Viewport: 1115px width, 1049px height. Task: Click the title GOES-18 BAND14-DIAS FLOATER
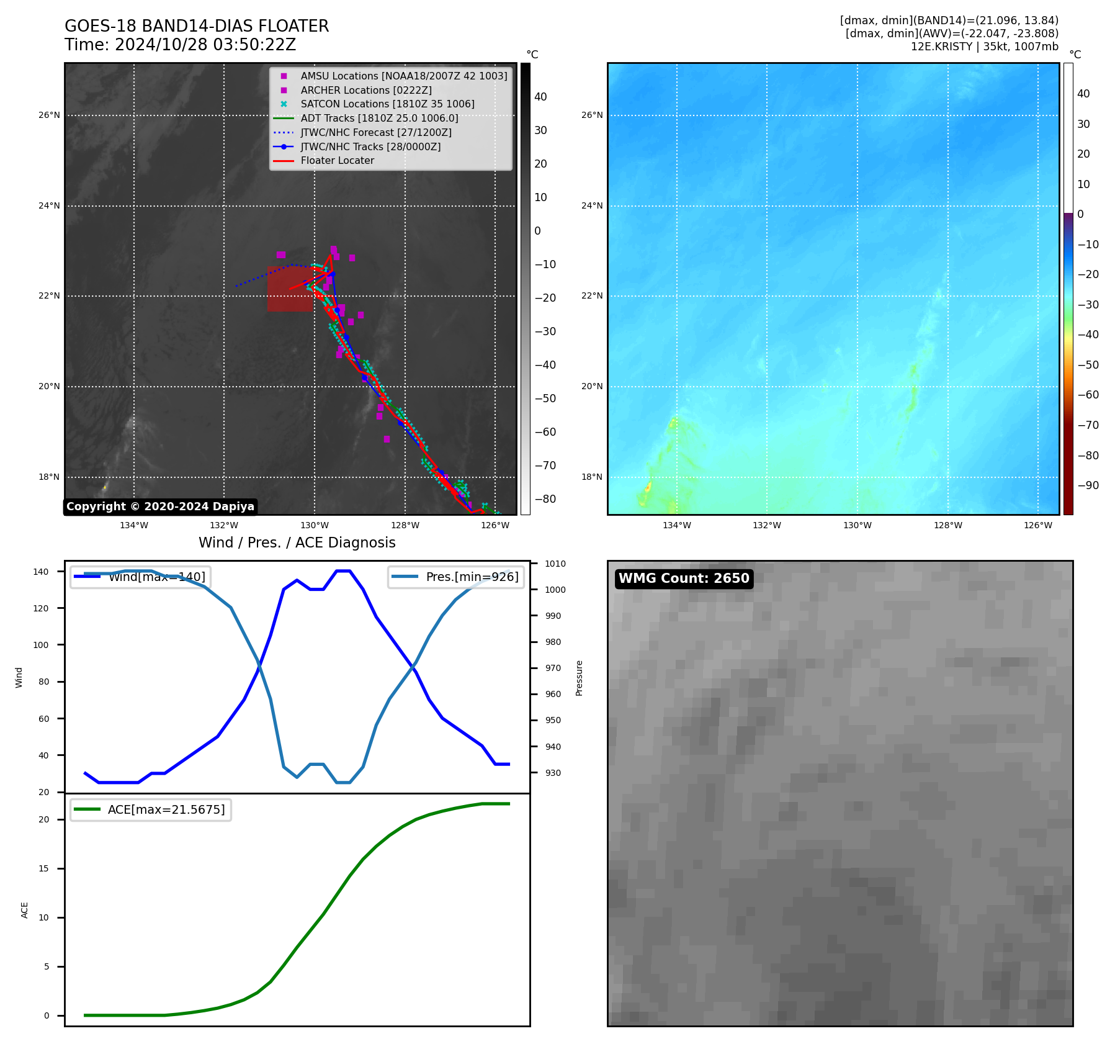(197, 26)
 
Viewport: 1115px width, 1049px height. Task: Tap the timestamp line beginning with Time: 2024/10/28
(180, 45)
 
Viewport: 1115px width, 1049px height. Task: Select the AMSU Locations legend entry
(403, 76)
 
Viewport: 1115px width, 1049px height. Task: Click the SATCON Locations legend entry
(387, 104)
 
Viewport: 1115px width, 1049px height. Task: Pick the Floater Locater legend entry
(337, 161)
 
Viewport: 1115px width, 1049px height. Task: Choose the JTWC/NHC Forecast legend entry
(376, 133)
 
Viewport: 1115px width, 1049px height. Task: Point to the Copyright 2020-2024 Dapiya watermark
(160, 506)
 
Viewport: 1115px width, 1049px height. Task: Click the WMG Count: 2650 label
(684, 579)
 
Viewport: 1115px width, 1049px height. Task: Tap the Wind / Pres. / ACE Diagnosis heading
(297, 543)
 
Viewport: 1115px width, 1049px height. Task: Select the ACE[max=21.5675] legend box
(151, 809)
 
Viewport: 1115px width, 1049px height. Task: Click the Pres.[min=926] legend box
(455, 577)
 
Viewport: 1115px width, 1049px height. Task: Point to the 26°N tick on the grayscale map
(50, 115)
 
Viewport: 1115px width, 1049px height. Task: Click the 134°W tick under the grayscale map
(134, 525)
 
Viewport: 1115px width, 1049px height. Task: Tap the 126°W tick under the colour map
(1038, 525)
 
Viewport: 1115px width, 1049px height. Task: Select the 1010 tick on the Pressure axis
(555, 564)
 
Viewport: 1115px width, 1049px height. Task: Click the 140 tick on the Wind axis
(41, 572)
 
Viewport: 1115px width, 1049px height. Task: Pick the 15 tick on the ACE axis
(43, 868)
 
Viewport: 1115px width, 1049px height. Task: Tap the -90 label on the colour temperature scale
(1088, 485)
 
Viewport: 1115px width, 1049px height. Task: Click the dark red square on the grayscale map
(290, 289)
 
